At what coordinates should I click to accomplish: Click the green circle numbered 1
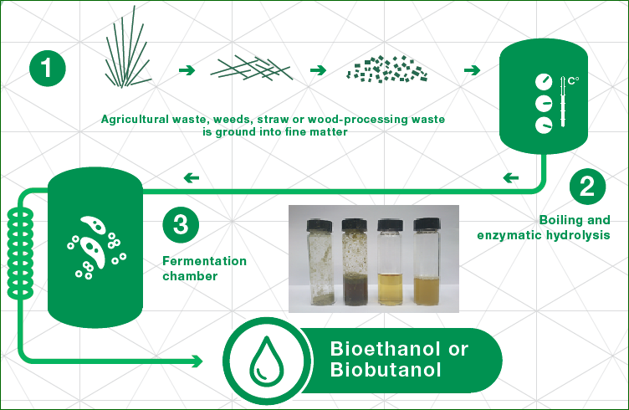tap(48, 69)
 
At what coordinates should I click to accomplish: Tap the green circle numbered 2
tap(587, 187)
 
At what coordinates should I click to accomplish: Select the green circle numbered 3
tap(181, 224)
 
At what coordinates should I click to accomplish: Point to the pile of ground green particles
tap(386, 69)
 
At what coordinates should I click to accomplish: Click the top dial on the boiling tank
tap(544, 81)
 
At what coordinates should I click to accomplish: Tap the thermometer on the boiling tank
tap(562, 102)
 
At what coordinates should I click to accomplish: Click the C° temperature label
tap(573, 81)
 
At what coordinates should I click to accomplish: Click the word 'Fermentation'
tap(205, 261)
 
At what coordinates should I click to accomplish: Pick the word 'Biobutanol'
tap(386, 370)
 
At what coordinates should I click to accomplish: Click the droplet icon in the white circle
tap(266, 361)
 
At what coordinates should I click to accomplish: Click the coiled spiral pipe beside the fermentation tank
tap(20, 254)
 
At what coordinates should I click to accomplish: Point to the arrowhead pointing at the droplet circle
tap(197, 361)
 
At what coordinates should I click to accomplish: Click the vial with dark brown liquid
tap(355, 262)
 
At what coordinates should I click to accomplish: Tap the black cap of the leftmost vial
tap(320, 224)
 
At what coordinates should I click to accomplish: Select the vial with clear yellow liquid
tap(391, 263)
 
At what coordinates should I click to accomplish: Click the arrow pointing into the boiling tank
tap(472, 70)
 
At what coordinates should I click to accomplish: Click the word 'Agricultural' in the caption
tap(135, 120)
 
